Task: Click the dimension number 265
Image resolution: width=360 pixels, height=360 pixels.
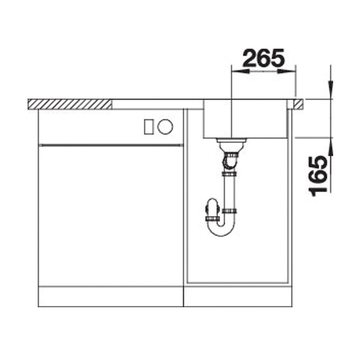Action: pos(263,58)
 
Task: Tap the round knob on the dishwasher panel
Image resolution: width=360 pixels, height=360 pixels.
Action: pos(165,127)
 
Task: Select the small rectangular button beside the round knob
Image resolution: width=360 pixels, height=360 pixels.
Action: pos(149,127)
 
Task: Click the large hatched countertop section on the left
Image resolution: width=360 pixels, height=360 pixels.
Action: pos(70,105)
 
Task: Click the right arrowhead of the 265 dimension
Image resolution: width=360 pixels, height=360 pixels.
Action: pos(287,71)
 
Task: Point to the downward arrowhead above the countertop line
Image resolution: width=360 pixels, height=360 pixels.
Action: pos(331,90)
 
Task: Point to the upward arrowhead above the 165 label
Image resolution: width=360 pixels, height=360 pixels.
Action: pos(331,147)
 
